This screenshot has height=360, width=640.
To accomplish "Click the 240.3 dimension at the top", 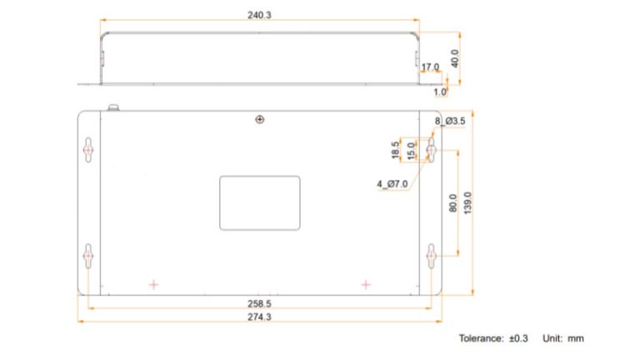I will click(x=260, y=15).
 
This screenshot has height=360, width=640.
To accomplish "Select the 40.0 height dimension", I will click(x=456, y=59).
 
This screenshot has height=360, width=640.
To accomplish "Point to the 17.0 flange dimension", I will click(x=430, y=67).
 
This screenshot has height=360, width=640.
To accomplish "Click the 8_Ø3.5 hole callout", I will click(x=450, y=122).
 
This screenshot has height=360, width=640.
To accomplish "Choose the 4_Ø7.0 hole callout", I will click(x=392, y=183).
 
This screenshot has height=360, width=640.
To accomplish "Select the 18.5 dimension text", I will click(x=396, y=150).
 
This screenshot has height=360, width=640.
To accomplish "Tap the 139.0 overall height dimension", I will click(x=467, y=202).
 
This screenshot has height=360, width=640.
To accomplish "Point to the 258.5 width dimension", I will click(x=260, y=302).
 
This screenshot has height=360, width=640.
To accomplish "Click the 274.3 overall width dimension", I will click(x=260, y=317).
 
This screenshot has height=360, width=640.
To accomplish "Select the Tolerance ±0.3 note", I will click(x=493, y=338).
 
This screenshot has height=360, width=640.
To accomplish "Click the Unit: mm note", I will click(x=563, y=338).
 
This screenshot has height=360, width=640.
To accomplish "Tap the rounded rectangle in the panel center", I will click(x=260, y=202).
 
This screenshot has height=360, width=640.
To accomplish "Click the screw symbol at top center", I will click(x=260, y=120).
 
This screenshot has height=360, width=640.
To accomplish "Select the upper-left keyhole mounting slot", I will click(x=88, y=149).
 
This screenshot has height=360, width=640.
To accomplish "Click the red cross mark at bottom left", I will click(x=153, y=284).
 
